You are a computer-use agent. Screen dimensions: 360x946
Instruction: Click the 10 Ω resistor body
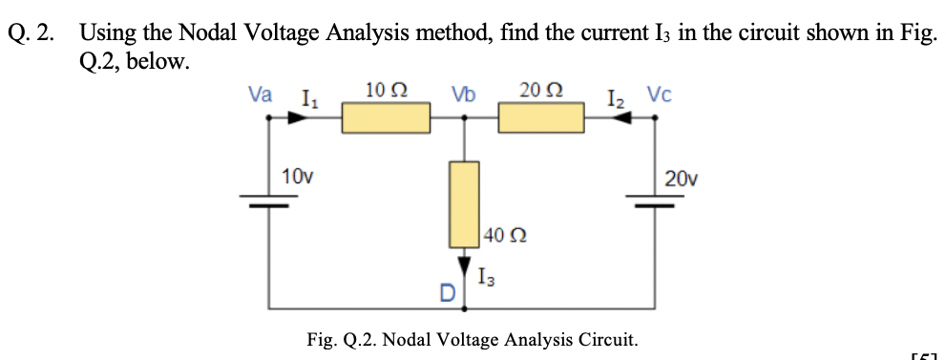click(x=387, y=119)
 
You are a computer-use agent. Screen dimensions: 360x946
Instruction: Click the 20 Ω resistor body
click(x=541, y=119)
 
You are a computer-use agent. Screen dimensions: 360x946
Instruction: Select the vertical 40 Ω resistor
click(x=464, y=204)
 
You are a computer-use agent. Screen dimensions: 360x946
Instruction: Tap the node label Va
click(x=259, y=95)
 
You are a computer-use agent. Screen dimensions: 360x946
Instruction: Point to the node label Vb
click(x=465, y=95)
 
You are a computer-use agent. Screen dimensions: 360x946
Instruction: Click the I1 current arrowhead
click(x=300, y=118)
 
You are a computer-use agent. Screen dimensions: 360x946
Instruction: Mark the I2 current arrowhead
click(x=621, y=118)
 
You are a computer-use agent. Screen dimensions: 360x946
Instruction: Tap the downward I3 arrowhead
click(x=465, y=264)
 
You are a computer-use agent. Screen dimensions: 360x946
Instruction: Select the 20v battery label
click(x=682, y=178)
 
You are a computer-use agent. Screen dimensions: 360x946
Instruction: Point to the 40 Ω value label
click(x=505, y=234)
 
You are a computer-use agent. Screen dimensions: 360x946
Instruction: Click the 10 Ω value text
click(x=387, y=91)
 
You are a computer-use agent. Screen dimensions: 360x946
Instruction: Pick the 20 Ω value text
click(x=540, y=91)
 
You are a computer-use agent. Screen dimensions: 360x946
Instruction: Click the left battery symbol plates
click(x=268, y=201)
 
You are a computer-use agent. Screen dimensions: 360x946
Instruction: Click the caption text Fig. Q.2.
click(x=344, y=339)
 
